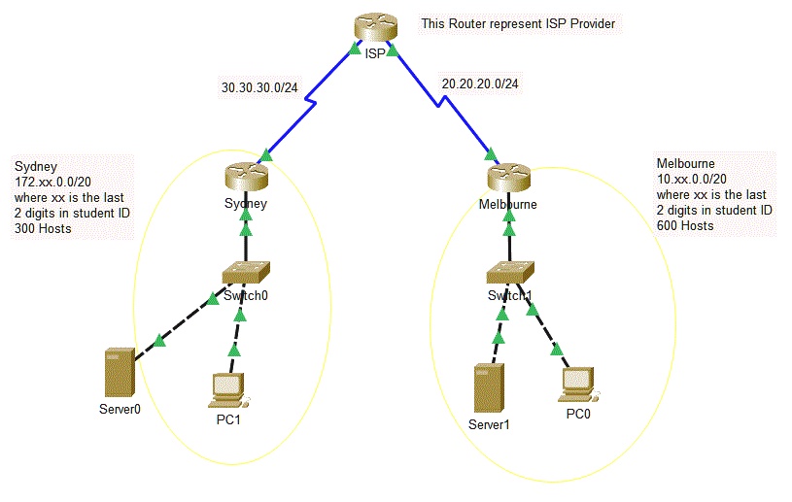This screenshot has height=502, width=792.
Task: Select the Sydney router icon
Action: click(244, 177)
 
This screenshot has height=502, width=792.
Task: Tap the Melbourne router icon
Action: click(506, 177)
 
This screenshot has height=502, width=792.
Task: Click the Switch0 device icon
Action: click(244, 273)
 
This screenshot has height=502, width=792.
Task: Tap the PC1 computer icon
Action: click(228, 388)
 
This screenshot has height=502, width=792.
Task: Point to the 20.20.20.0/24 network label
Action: click(479, 84)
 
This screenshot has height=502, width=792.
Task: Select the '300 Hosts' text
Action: click(45, 228)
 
